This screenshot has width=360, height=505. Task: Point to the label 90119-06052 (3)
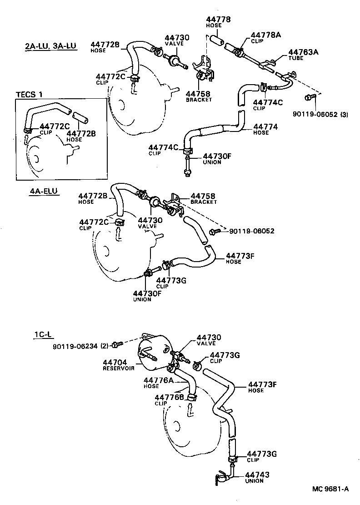click(x=321, y=115)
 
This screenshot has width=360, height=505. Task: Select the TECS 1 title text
click(x=30, y=95)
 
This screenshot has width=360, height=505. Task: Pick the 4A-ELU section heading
click(x=44, y=191)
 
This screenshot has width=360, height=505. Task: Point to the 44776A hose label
click(x=158, y=380)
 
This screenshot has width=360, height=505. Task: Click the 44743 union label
click(x=257, y=475)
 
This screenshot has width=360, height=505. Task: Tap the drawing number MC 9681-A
click(x=330, y=489)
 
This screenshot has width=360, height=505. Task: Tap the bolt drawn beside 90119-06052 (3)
click(x=310, y=97)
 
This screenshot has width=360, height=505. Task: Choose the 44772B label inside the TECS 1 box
click(x=81, y=133)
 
